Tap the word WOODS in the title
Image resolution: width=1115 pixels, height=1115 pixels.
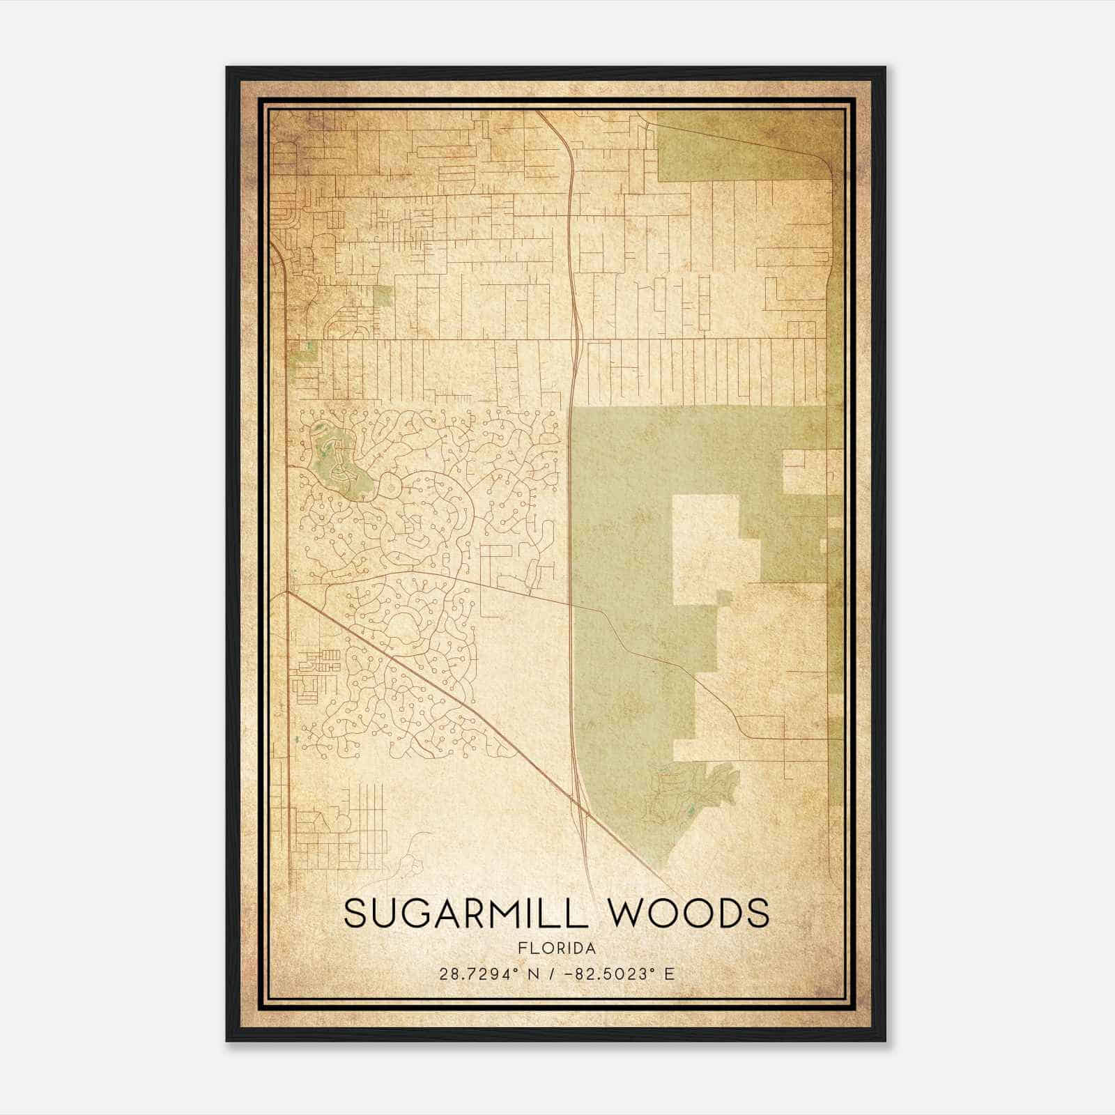pos(691,914)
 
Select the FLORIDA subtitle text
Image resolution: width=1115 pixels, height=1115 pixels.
pos(557,948)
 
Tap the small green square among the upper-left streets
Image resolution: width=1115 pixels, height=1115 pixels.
pos(383,295)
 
